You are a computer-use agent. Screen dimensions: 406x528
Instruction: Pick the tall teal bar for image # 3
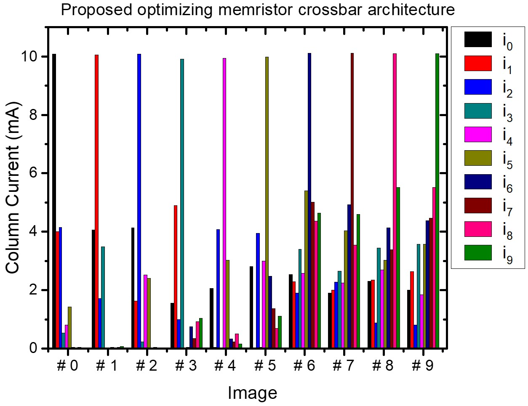pyautogui.click(x=182, y=204)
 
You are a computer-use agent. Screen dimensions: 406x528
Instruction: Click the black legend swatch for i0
pyautogui.click(x=478, y=40)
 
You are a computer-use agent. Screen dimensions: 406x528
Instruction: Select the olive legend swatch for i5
pyautogui.click(x=478, y=158)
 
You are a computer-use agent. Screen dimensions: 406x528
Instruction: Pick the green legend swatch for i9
pyautogui.click(x=478, y=253)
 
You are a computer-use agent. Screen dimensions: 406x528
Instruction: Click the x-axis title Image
pyautogui.click(x=252, y=393)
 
